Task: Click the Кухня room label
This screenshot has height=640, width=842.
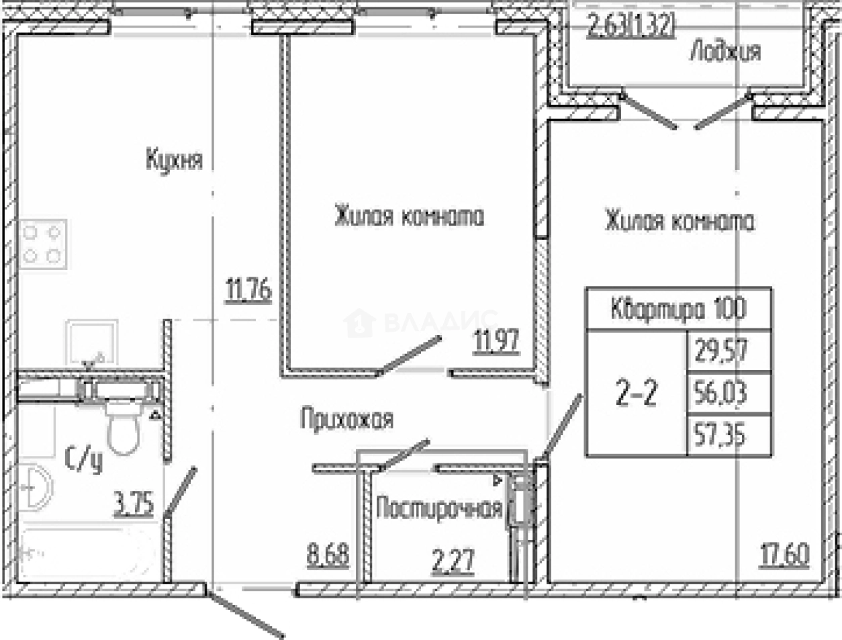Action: [x=174, y=160]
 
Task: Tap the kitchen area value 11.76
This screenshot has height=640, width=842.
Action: [x=248, y=290]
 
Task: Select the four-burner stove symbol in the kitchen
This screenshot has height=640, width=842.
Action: [x=42, y=244]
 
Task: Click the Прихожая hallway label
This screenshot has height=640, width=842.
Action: [x=346, y=419]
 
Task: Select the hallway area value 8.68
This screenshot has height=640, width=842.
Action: [x=328, y=555]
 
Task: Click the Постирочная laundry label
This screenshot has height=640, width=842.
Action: [x=439, y=508]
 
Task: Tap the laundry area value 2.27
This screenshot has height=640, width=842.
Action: [x=453, y=560]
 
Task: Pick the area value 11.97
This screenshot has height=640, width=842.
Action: [x=496, y=341]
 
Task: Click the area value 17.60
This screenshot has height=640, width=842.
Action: [x=784, y=555]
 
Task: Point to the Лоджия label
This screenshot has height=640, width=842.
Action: [x=724, y=51]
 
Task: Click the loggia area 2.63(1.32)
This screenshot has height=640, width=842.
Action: [x=630, y=28]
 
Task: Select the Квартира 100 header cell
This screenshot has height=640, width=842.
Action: [x=678, y=310]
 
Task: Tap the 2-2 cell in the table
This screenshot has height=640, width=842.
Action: [x=636, y=394]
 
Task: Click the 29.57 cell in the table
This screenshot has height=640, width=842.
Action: [x=721, y=351]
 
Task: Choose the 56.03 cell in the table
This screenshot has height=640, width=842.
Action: [x=720, y=393]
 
